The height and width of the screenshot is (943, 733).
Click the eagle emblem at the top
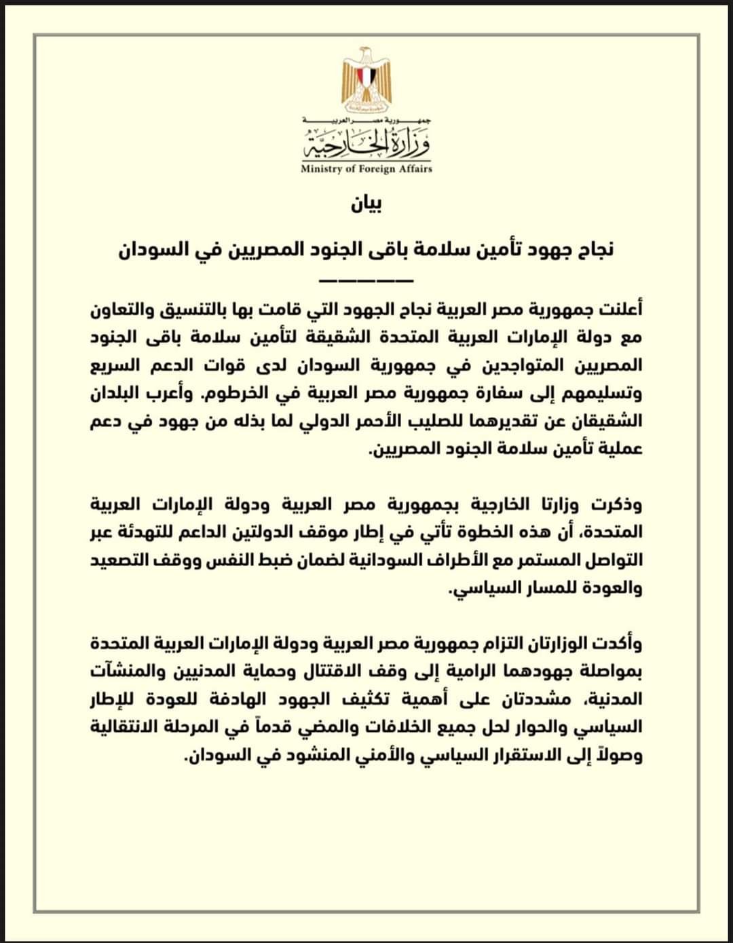(x=366, y=80)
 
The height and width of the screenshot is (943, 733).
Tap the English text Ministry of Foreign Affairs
(x=366, y=169)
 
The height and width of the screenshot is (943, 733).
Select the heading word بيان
(x=366, y=204)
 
